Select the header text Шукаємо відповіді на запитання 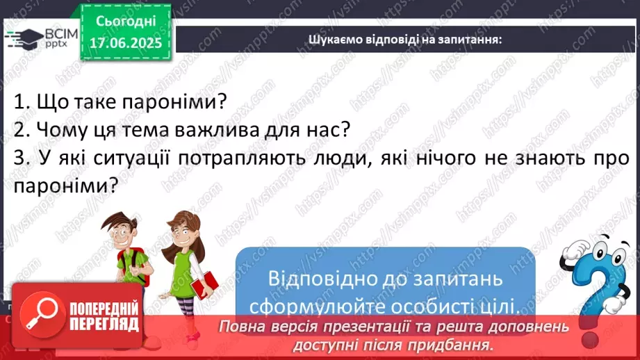point(406,39)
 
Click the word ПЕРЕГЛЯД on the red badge point(104,323)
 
